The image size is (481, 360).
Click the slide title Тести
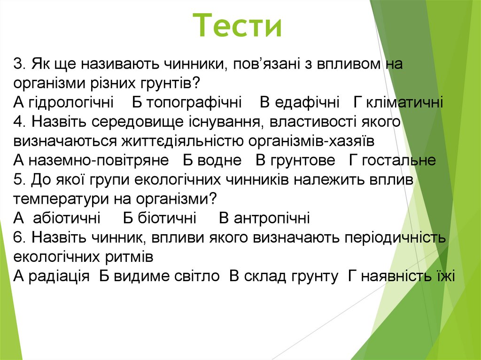pyautogui.click(x=238, y=27)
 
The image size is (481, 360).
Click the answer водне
pyautogui.click(x=219, y=161)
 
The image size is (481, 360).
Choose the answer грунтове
pyautogui.click(x=302, y=161)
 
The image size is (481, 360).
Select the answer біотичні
pyautogui.click(x=166, y=218)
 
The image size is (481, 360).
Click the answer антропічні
pyautogui.click(x=272, y=218)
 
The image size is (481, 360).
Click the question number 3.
pyautogui.click(x=19, y=64)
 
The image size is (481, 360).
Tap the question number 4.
pyautogui.click(x=19, y=122)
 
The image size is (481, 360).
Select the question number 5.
pyautogui.click(x=19, y=180)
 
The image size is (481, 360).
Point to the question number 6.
pyautogui.click(x=19, y=237)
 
